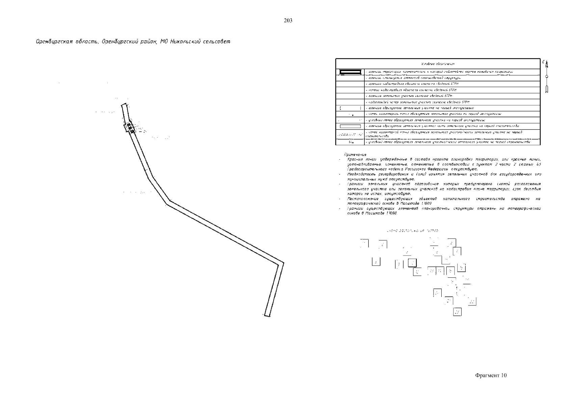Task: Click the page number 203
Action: click(288, 21)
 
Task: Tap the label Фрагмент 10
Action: click(491, 376)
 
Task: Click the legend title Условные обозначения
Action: click(438, 64)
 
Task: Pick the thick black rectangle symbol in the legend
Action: click(350, 72)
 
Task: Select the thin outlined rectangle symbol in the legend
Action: click(350, 126)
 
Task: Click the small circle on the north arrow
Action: click(547, 77)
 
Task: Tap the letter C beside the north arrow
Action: click(544, 62)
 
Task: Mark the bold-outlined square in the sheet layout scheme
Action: click(412, 263)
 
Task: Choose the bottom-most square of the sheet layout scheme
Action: click(457, 312)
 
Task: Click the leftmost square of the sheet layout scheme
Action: click(364, 243)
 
